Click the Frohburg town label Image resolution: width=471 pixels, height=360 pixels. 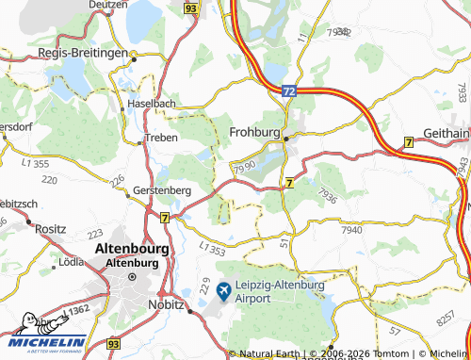coord(254,133)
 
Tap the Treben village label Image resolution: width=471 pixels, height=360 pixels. coord(160,139)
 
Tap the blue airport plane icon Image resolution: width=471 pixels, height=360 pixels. coord(223,290)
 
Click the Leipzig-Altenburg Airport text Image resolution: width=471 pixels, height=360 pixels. coord(280,290)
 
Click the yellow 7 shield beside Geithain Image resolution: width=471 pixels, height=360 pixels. coord(408,141)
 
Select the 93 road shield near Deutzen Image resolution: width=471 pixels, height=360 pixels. coord(191,8)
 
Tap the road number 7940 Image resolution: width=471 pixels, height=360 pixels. coord(352,230)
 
